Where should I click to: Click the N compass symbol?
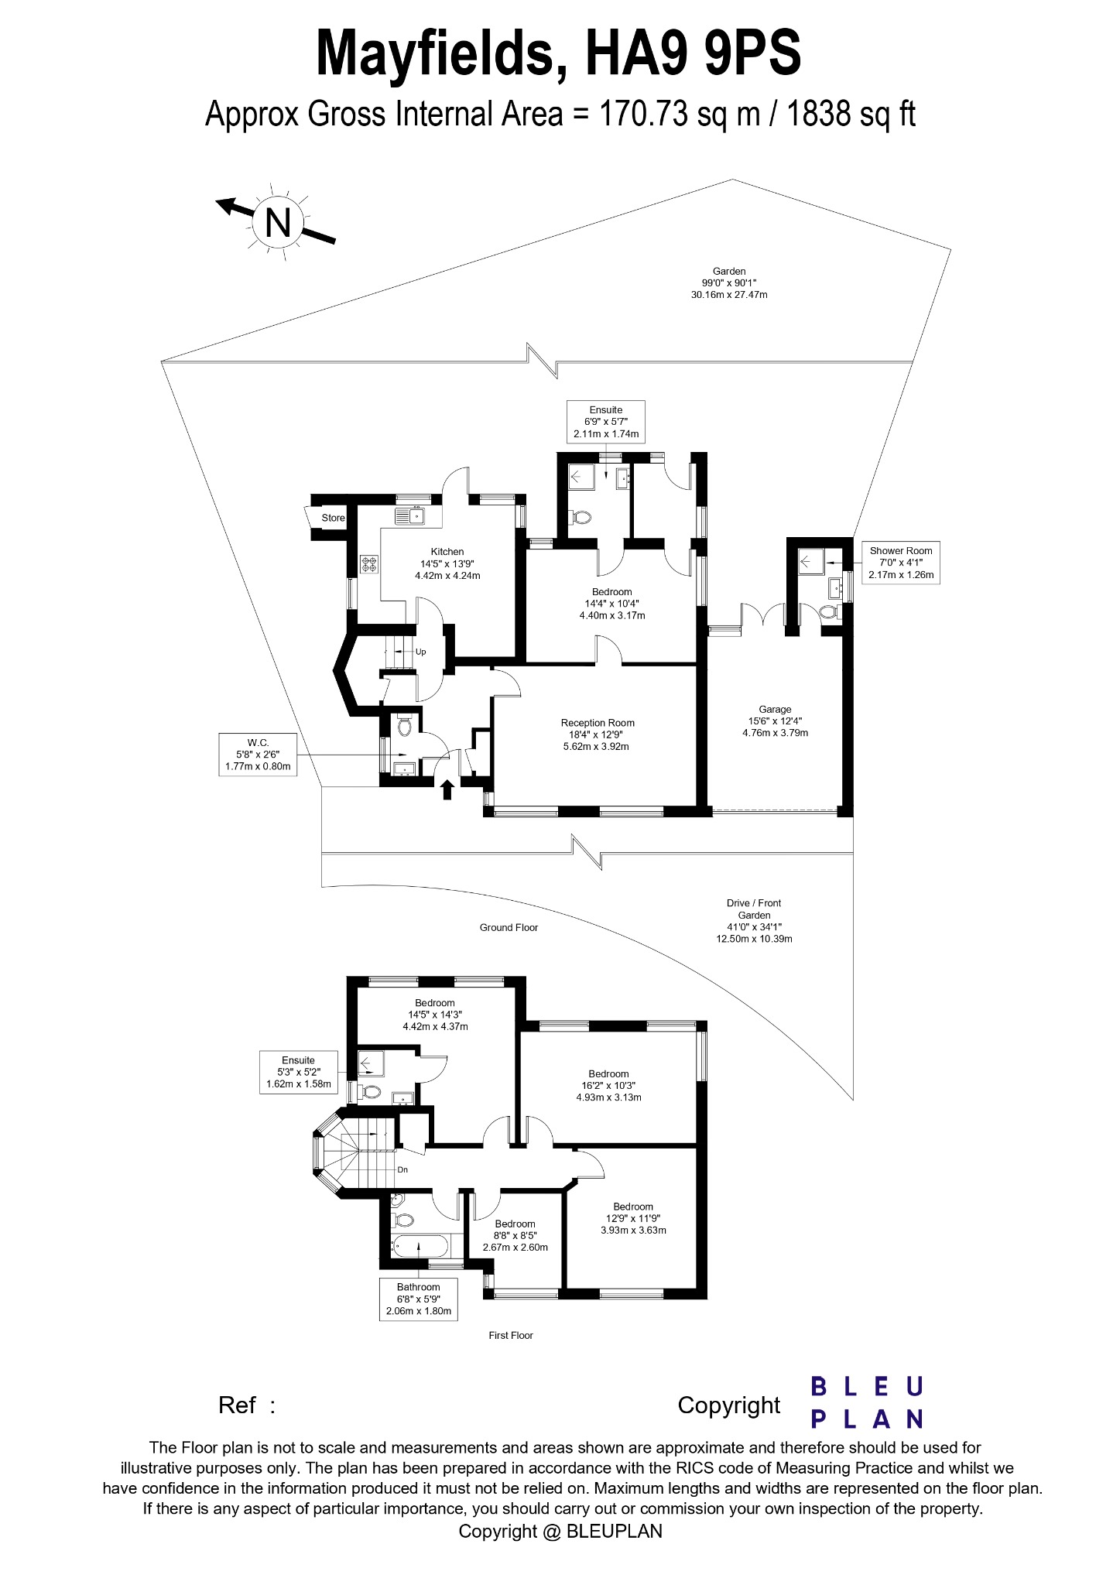277,223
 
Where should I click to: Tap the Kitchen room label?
447,563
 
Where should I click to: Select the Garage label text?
775,720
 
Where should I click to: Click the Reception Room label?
598,734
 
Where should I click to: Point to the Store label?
333,518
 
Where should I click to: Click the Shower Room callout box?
901,563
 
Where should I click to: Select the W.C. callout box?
258,754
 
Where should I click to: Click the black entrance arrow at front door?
447,789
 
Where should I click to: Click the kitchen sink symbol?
410,515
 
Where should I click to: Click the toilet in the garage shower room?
827,613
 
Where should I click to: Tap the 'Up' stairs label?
421,652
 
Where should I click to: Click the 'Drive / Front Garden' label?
754,920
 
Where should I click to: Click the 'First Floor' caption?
511,1335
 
